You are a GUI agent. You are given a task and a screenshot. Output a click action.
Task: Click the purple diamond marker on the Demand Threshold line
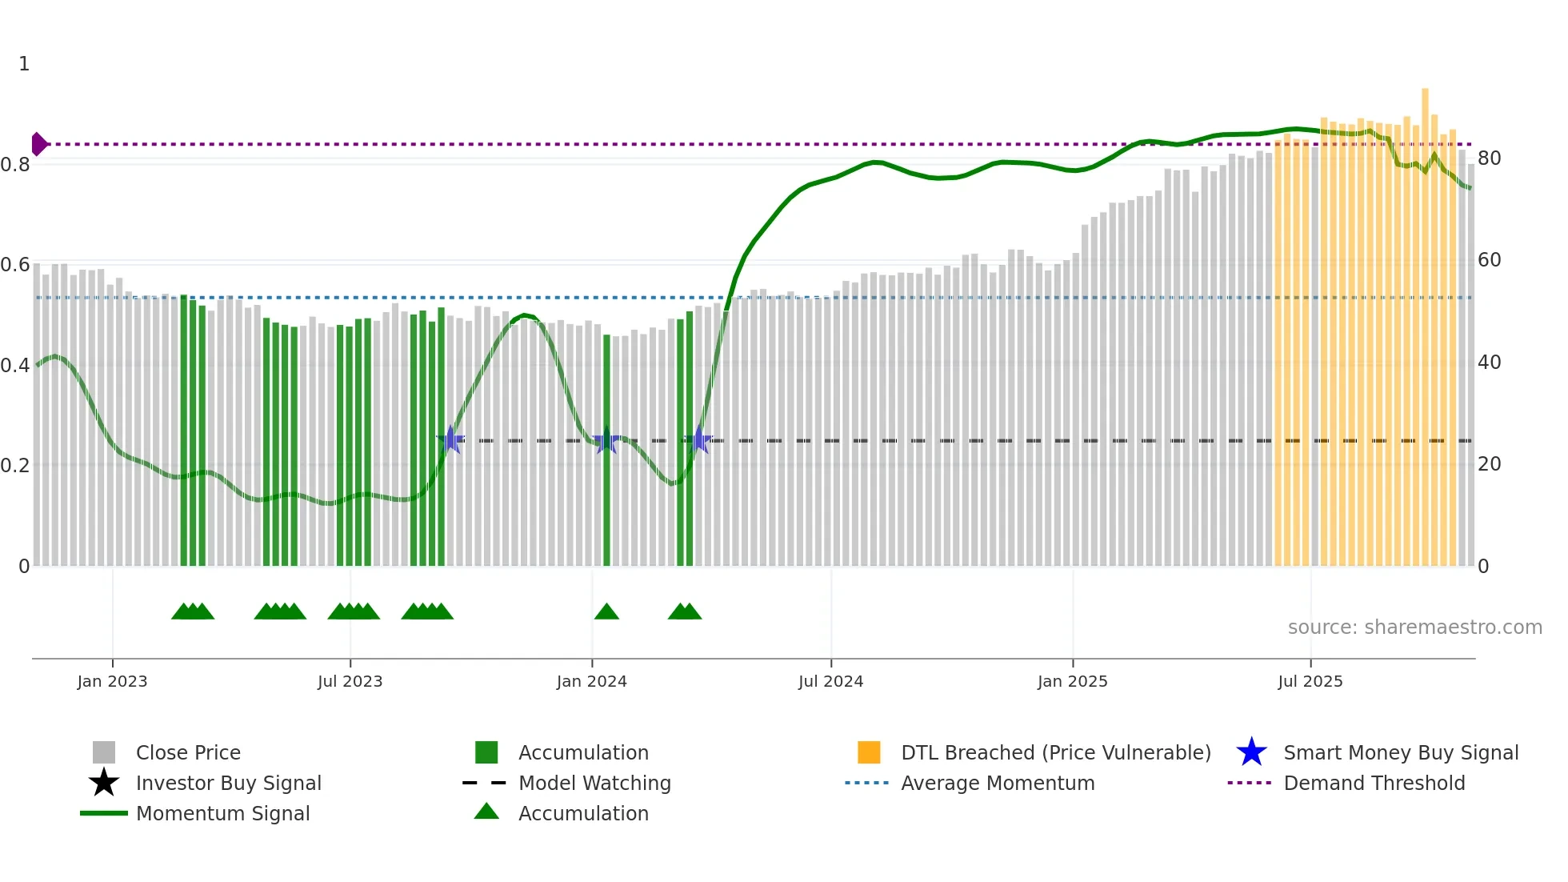tap(38, 144)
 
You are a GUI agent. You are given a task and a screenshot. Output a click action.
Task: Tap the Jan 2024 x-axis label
tap(591, 681)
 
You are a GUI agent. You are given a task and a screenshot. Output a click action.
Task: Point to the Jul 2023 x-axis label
tap(350, 681)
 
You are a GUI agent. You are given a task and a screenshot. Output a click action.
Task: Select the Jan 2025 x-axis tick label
tap(1072, 681)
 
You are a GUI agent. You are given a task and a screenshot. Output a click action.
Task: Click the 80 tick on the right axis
tap(1489, 158)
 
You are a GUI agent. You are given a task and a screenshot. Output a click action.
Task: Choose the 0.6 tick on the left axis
tap(16, 265)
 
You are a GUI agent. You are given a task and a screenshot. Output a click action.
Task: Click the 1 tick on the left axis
tap(24, 64)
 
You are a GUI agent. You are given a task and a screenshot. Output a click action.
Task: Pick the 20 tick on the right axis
tap(1489, 464)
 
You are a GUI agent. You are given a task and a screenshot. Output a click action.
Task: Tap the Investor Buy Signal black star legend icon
tap(104, 783)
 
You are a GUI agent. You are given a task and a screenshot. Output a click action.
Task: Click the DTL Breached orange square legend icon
tap(869, 752)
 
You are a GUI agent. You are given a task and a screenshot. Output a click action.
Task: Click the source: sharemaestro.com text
tap(1414, 627)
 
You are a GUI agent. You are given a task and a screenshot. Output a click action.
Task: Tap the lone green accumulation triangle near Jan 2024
tap(606, 612)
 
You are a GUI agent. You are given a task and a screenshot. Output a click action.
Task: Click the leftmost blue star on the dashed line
tap(450, 439)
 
